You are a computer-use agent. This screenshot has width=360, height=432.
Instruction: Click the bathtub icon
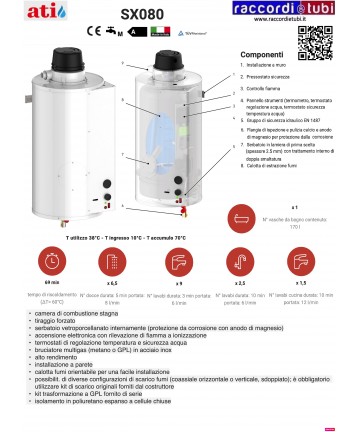pos(293,217)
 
